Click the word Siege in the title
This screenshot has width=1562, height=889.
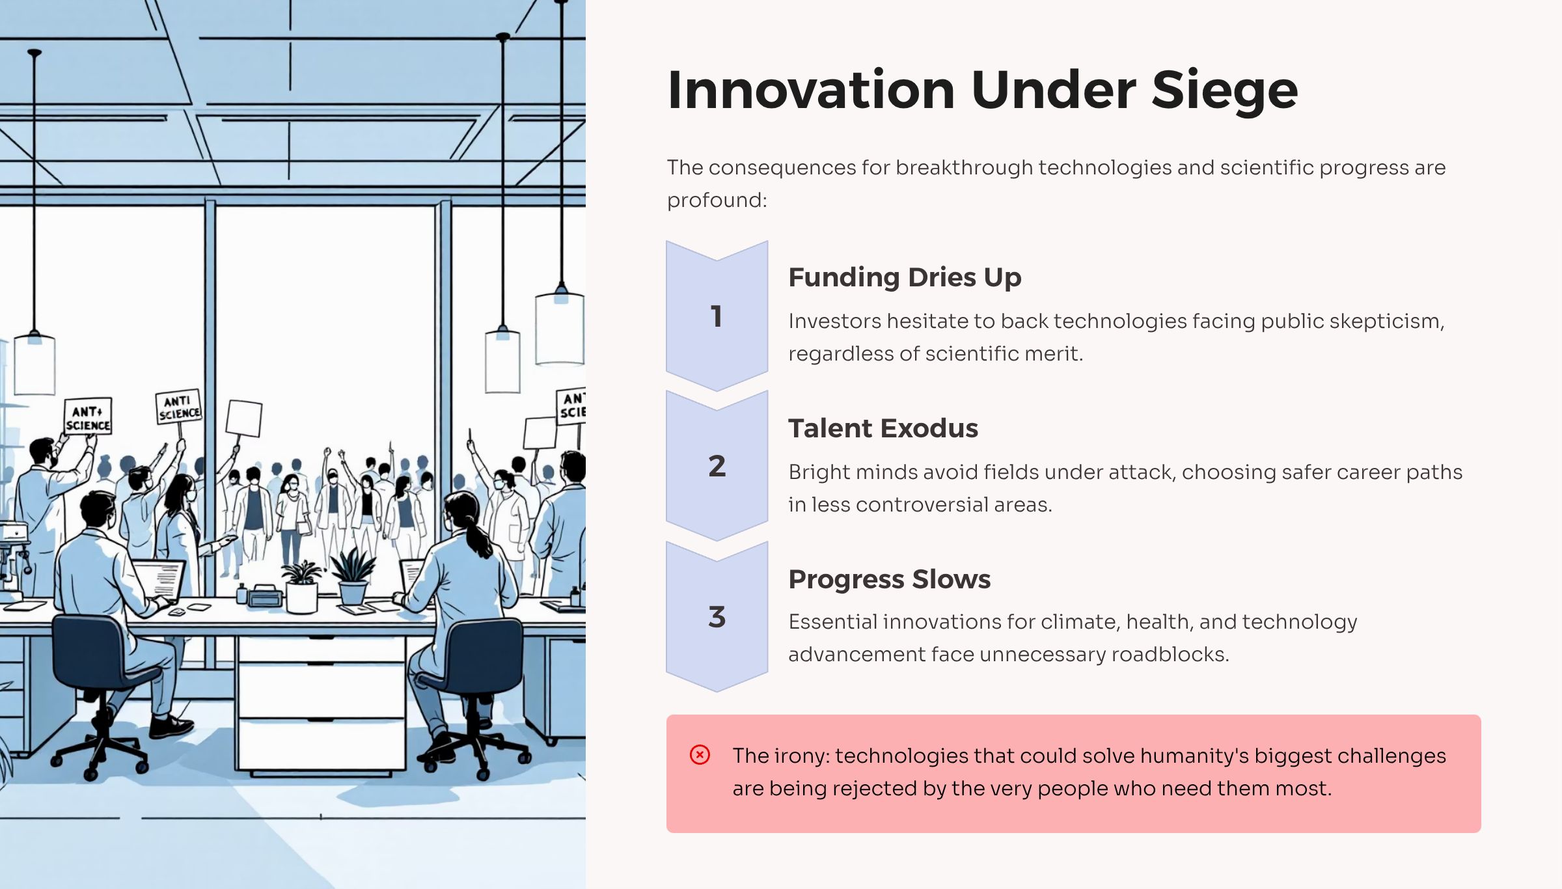point(1224,90)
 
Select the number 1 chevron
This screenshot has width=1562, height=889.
point(717,316)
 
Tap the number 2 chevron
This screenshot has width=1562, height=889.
point(717,466)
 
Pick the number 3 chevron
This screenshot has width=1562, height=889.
point(717,617)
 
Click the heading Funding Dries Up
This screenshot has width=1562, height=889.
point(905,278)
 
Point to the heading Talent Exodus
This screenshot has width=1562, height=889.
point(883,428)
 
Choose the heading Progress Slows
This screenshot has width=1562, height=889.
point(889,579)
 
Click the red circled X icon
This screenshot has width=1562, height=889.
point(700,755)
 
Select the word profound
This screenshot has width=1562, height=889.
point(717,200)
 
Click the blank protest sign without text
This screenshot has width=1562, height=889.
point(244,418)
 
